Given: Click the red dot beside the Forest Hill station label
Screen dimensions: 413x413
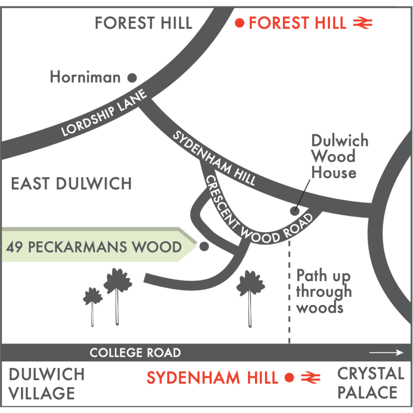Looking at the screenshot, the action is (240, 23).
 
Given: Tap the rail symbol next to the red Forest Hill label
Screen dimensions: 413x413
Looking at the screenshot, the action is (362, 24).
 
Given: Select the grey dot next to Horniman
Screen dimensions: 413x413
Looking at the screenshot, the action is (132, 78).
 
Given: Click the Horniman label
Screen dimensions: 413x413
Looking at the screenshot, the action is (85, 78).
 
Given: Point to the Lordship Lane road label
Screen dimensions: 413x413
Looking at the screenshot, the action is (104, 114).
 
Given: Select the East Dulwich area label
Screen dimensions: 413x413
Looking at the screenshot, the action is (72, 184).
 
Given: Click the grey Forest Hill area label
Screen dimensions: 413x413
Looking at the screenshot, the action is (143, 23).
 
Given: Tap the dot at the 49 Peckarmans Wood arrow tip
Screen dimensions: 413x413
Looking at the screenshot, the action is (204, 247).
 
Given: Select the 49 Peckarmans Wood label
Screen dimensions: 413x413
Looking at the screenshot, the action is (94, 247).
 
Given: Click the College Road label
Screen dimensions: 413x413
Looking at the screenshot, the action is (135, 353).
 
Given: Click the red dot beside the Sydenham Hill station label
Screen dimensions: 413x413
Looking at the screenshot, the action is (289, 378).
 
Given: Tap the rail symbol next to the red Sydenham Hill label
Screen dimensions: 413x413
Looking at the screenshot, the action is (311, 378).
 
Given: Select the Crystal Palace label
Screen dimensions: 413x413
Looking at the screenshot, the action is (371, 383).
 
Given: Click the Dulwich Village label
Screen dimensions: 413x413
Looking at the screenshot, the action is (46, 384).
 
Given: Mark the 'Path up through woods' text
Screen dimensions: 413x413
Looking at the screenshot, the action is (324, 291).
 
